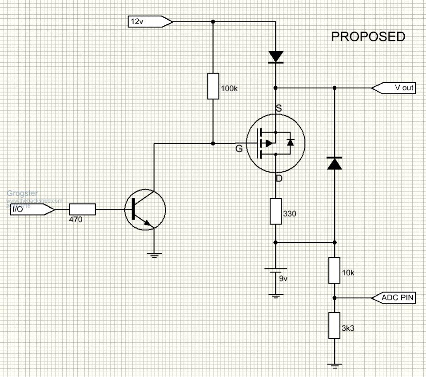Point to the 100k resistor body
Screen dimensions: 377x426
click(213, 86)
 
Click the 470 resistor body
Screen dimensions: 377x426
click(82, 209)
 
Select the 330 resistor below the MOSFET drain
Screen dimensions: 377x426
click(276, 211)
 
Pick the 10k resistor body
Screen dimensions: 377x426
click(334, 270)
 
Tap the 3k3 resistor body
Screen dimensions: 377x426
click(334, 325)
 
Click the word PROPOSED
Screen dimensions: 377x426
click(368, 37)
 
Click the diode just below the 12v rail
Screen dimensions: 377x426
click(276, 56)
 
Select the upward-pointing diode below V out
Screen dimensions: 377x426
click(334, 163)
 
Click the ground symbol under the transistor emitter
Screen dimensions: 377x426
click(154, 255)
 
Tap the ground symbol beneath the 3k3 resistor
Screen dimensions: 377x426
click(334, 367)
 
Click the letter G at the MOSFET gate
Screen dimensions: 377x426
click(239, 148)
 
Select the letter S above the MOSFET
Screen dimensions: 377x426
click(279, 108)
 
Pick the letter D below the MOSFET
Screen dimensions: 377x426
click(279, 179)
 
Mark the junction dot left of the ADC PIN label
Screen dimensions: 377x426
click(334, 297)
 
